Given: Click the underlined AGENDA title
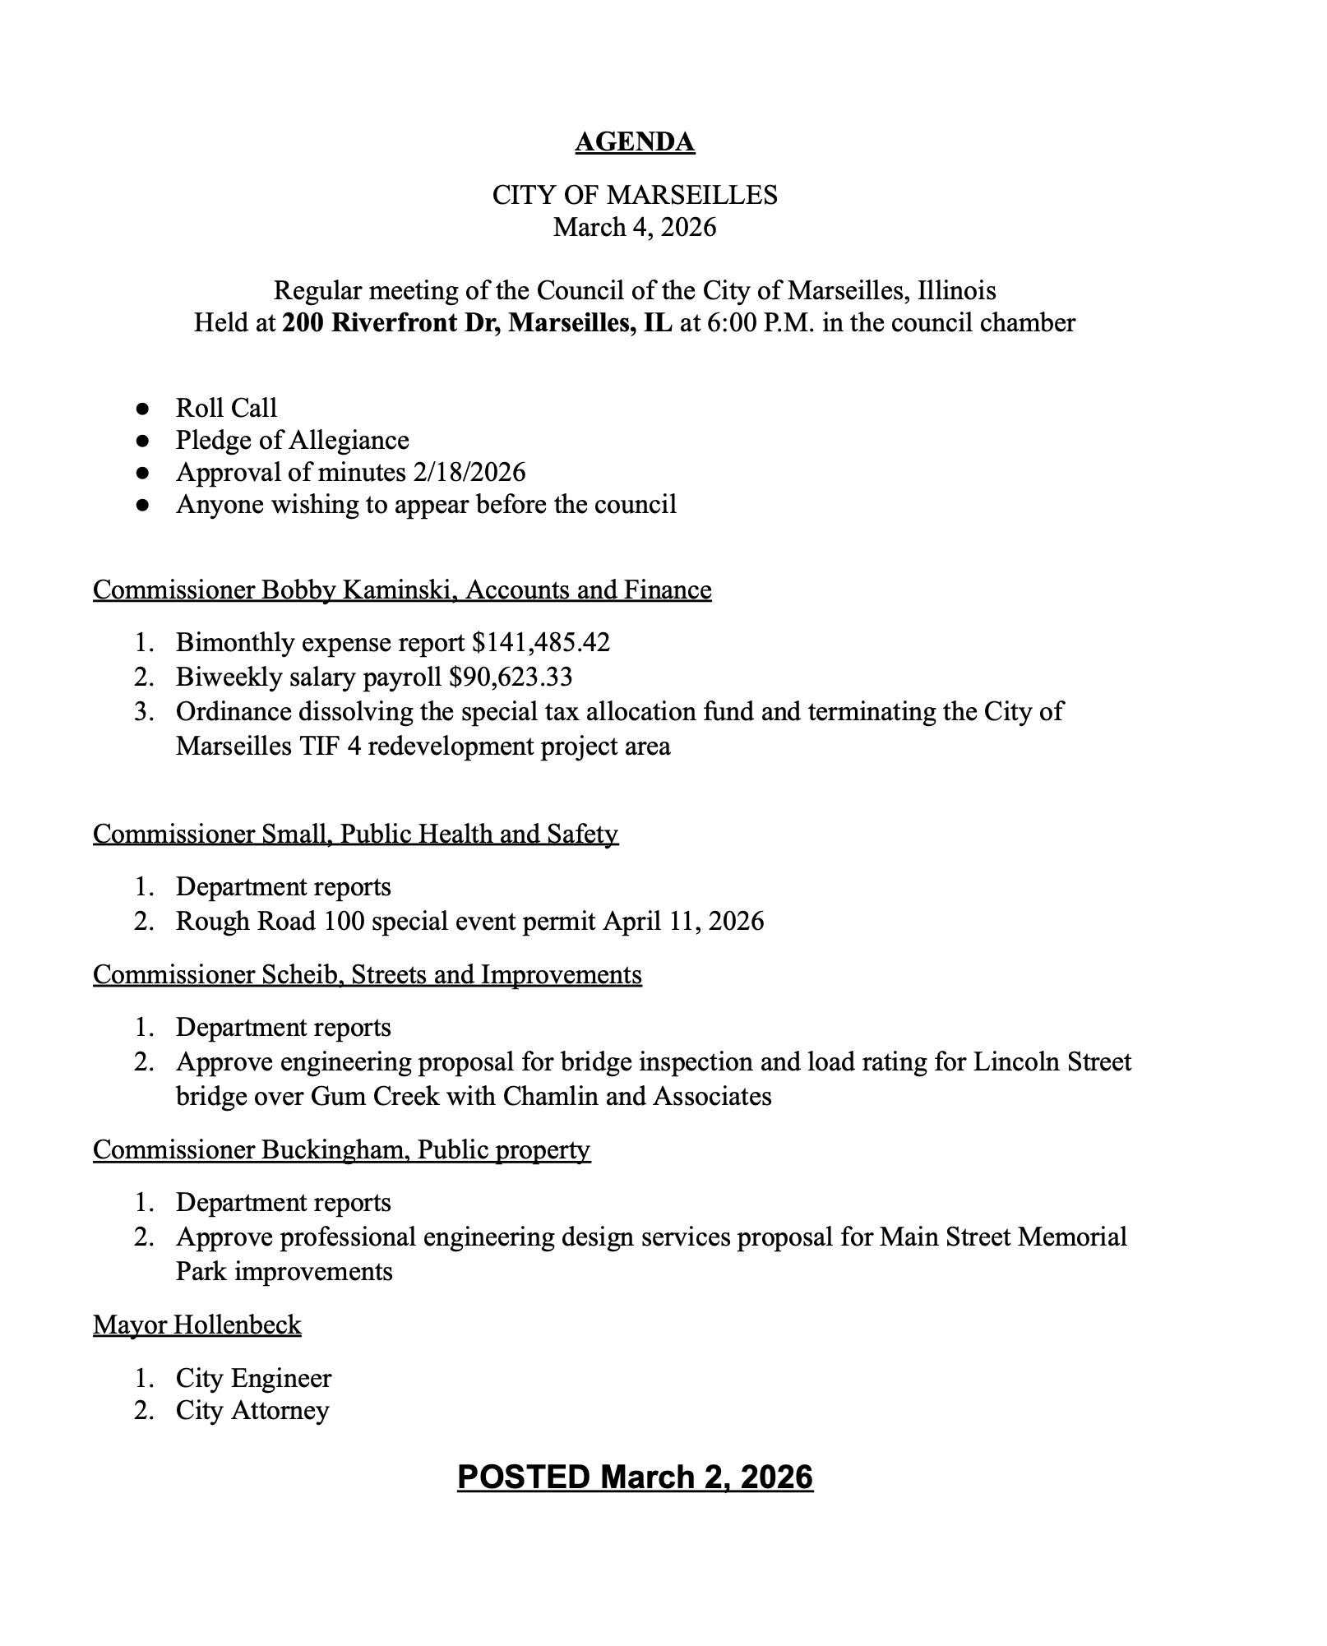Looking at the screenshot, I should point(635,142).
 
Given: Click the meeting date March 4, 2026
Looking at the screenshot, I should point(635,227).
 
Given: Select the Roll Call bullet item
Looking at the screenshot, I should point(226,408).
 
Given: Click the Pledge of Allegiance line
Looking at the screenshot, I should point(292,440).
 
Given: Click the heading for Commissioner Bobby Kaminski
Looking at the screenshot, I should point(402,590).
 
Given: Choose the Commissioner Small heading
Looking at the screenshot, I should point(355,834).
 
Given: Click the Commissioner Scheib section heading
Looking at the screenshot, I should point(367,974).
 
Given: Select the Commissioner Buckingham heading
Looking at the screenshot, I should point(341,1149).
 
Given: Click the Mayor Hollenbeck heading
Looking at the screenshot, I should point(197,1325).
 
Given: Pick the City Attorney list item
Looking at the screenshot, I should point(252,1410).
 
